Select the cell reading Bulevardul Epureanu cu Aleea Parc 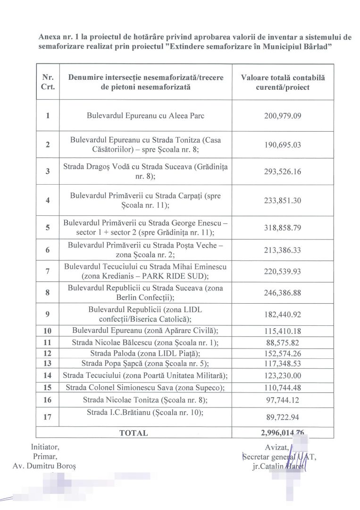pyautogui.click(x=145, y=116)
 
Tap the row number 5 pyautogui.click(x=48, y=228)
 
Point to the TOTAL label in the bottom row pyautogui.click(x=134, y=433)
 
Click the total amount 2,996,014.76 pyautogui.click(x=283, y=433)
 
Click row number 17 pyautogui.click(x=48, y=417)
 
